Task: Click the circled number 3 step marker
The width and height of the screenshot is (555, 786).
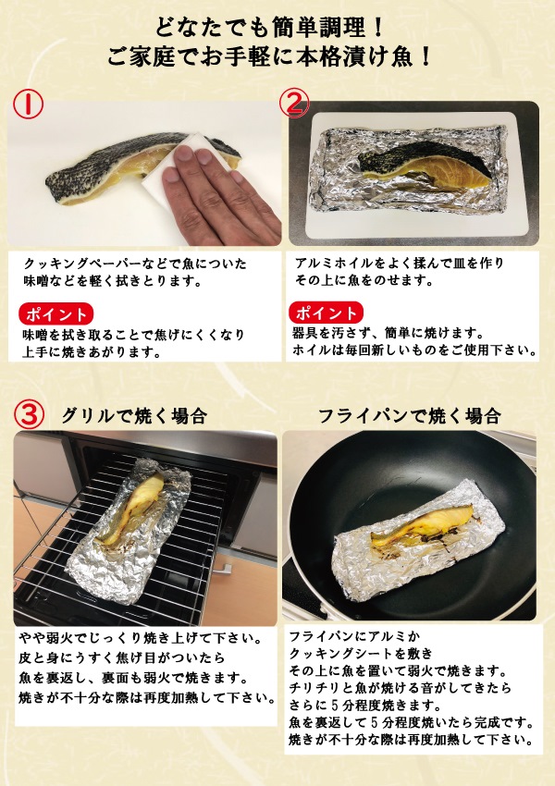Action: point(31,414)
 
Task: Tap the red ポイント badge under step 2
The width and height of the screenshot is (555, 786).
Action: point(326,312)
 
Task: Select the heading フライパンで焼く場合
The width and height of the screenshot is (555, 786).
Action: point(409,415)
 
